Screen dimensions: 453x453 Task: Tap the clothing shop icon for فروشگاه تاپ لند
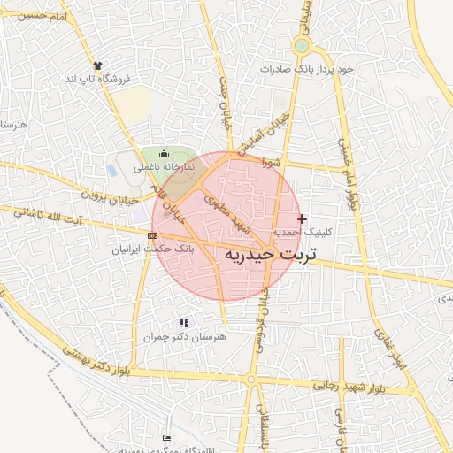(x=97, y=65)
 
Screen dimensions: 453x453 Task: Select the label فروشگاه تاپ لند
(x=97, y=79)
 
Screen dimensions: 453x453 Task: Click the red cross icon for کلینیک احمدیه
(x=303, y=218)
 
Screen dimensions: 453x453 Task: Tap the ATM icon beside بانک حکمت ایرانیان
(x=153, y=235)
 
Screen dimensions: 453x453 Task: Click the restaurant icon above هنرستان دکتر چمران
(x=184, y=324)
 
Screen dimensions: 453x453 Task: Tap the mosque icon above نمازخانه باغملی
(x=163, y=154)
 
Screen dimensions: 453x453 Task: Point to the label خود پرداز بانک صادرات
(x=301, y=68)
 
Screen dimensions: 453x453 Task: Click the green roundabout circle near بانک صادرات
(x=302, y=46)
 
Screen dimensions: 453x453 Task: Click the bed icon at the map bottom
(x=167, y=438)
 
